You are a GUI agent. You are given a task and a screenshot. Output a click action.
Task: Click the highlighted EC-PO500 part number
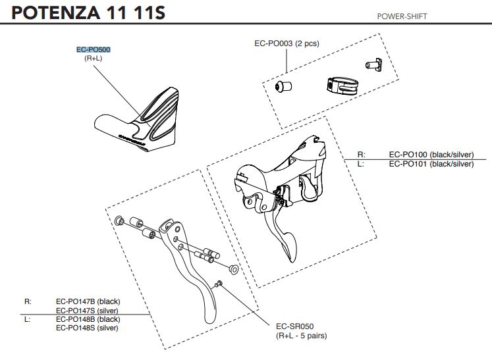93,49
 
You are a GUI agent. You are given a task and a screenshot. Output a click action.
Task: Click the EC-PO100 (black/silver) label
431,155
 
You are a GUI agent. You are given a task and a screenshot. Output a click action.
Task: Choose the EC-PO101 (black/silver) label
431,164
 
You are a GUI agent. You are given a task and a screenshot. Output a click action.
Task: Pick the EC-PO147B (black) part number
88,301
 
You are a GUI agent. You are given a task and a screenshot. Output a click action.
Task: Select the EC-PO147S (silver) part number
88,310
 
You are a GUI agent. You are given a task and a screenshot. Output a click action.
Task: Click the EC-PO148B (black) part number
88,319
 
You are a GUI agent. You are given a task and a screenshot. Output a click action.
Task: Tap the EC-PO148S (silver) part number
87,328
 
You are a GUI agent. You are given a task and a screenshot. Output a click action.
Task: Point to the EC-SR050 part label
294,326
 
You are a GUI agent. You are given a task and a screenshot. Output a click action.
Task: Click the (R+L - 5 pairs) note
302,336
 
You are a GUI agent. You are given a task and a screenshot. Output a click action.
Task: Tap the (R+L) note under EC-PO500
93,59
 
